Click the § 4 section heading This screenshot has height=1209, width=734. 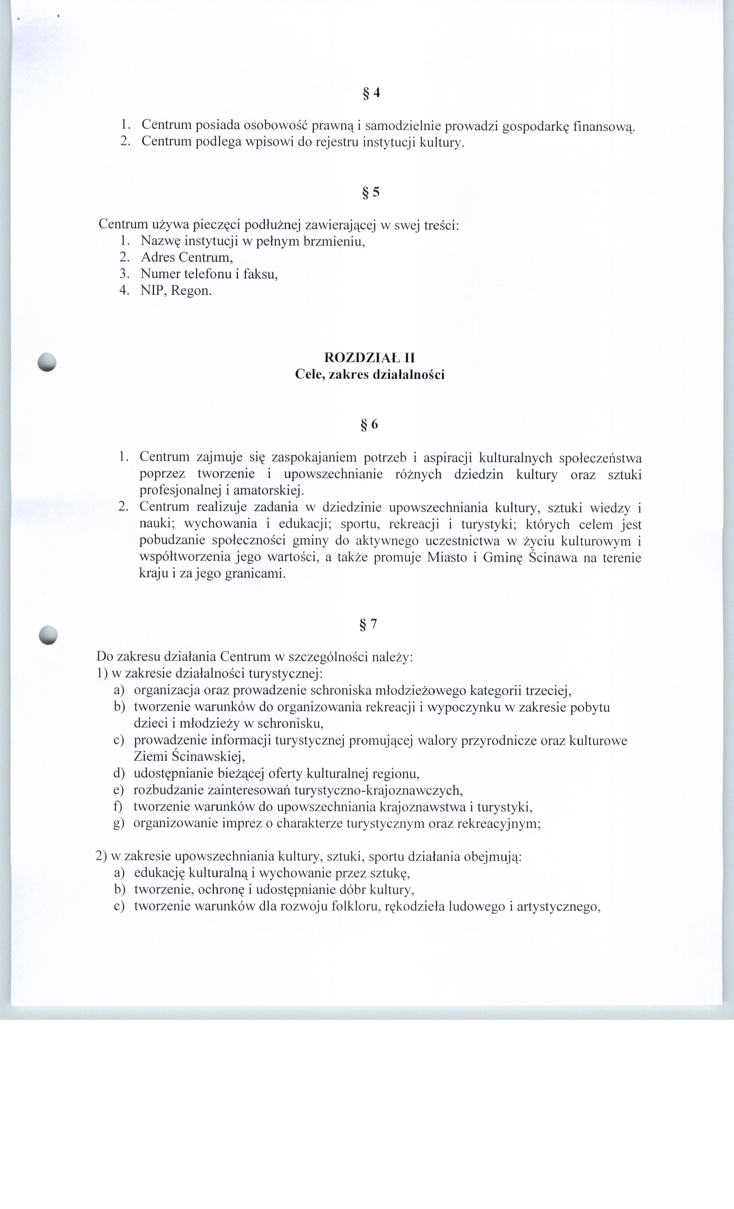click(371, 93)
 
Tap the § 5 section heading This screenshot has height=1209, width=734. click(371, 192)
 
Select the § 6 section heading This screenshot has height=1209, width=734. click(370, 424)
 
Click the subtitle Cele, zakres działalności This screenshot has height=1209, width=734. click(370, 375)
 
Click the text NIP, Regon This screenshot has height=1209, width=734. click(176, 290)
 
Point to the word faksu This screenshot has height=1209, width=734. click(263, 274)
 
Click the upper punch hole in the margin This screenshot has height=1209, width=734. click(47, 362)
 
